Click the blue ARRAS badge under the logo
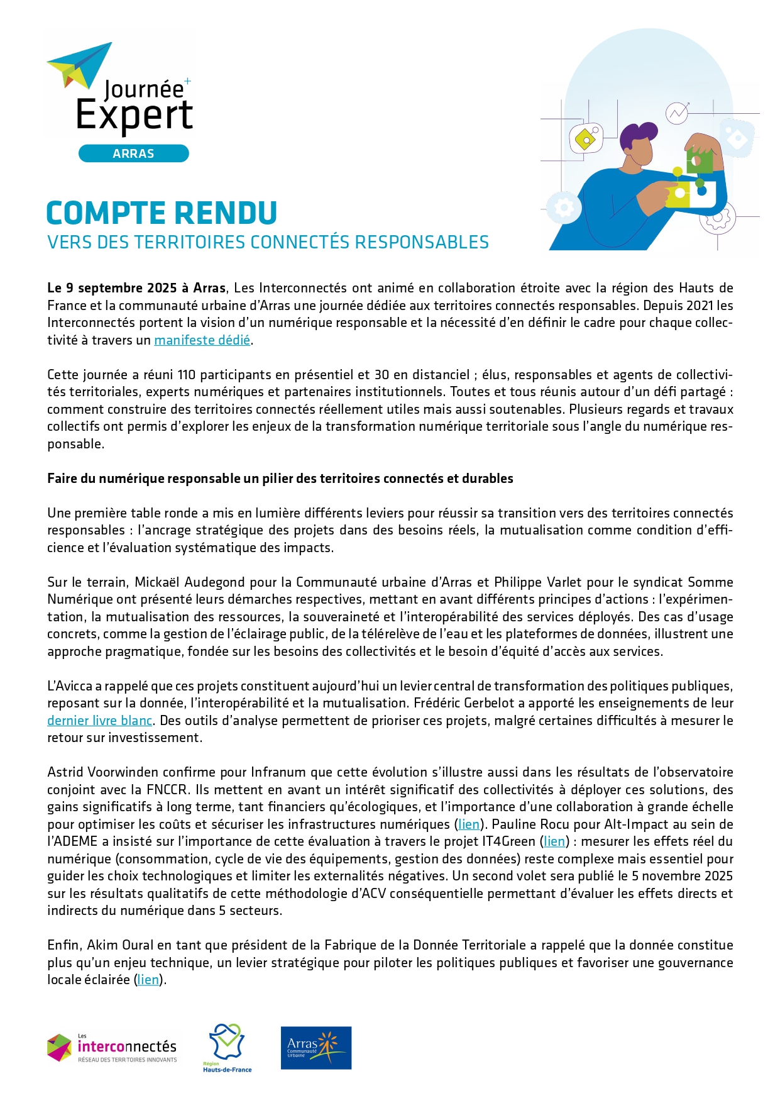coord(133,153)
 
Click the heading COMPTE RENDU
coord(162,213)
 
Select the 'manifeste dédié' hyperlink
coord(202,340)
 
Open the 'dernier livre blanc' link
coord(99,721)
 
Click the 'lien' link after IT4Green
coord(554,841)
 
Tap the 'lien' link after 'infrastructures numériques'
coord(468,824)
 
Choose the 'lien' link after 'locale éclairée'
coord(148,980)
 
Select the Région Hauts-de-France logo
coord(227,1047)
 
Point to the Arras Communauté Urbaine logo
coord(316,1048)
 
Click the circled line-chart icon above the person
coord(678,113)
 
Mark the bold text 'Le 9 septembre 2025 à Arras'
coord(136,288)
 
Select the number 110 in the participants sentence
coord(187,375)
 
